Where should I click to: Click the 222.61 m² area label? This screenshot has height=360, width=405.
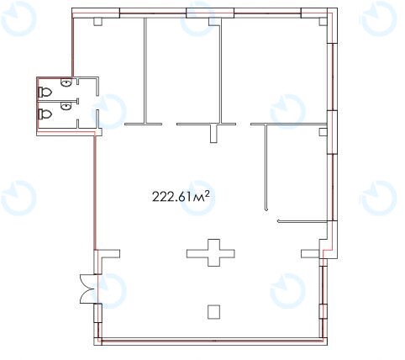click(x=181, y=196)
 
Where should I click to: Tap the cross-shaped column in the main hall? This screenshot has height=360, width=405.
click(x=211, y=253)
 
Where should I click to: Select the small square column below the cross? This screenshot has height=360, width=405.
click(x=213, y=312)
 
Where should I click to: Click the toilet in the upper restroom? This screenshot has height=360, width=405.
click(x=45, y=92)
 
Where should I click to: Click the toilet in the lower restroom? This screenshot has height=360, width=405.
click(x=45, y=114)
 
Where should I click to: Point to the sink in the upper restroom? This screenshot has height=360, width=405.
click(x=66, y=83)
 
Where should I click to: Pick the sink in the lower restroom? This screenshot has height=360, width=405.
click(x=66, y=106)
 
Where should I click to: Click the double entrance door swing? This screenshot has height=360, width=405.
click(x=89, y=289)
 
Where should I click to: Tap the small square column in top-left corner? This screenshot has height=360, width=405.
click(x=97, y=22)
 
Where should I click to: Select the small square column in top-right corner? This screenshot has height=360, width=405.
click(x=323, y=22)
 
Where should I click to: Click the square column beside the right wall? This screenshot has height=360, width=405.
click(x=323, y=132)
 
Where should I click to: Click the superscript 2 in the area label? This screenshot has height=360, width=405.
click(x=208, y=193)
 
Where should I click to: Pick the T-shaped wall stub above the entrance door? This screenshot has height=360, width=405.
click(x=108, y=253)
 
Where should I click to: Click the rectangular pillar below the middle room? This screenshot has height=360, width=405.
click(x=214, y=134)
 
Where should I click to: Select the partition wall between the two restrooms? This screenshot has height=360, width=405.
click(x=58, y=99)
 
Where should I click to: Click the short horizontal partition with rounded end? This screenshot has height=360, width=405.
click(x=302, y=221)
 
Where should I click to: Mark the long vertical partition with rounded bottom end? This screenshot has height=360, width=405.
click(x=266, y=167)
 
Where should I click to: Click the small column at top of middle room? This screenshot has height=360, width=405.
click(x=213, y=22)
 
